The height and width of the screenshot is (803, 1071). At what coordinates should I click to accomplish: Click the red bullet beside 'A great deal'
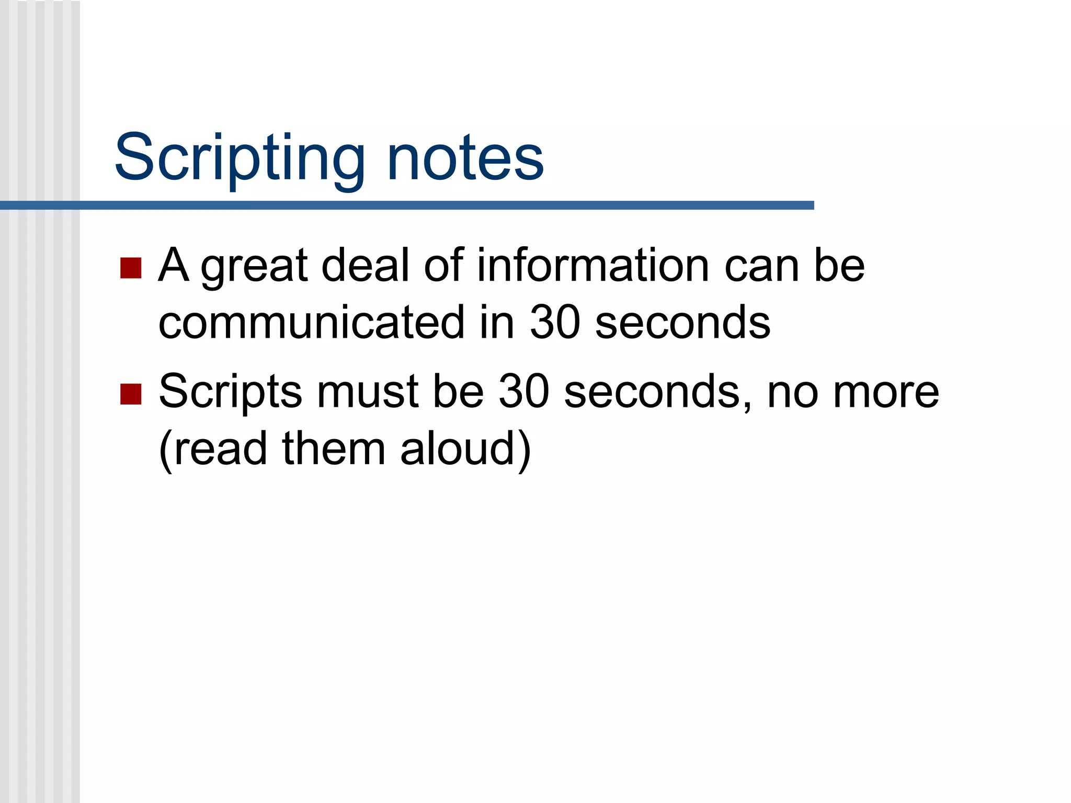point(131,268)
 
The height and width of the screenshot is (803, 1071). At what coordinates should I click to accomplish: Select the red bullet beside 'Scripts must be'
point(131,394)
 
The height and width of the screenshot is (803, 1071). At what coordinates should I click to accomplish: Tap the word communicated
point(311,323)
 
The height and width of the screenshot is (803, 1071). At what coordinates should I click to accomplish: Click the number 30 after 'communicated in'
point(555,323)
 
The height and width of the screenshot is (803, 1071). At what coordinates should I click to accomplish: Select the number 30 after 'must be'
point(523,392)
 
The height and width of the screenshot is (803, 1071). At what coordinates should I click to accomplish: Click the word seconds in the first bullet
point(682,323)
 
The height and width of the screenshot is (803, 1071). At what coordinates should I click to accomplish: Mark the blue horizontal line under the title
point(407,205)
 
